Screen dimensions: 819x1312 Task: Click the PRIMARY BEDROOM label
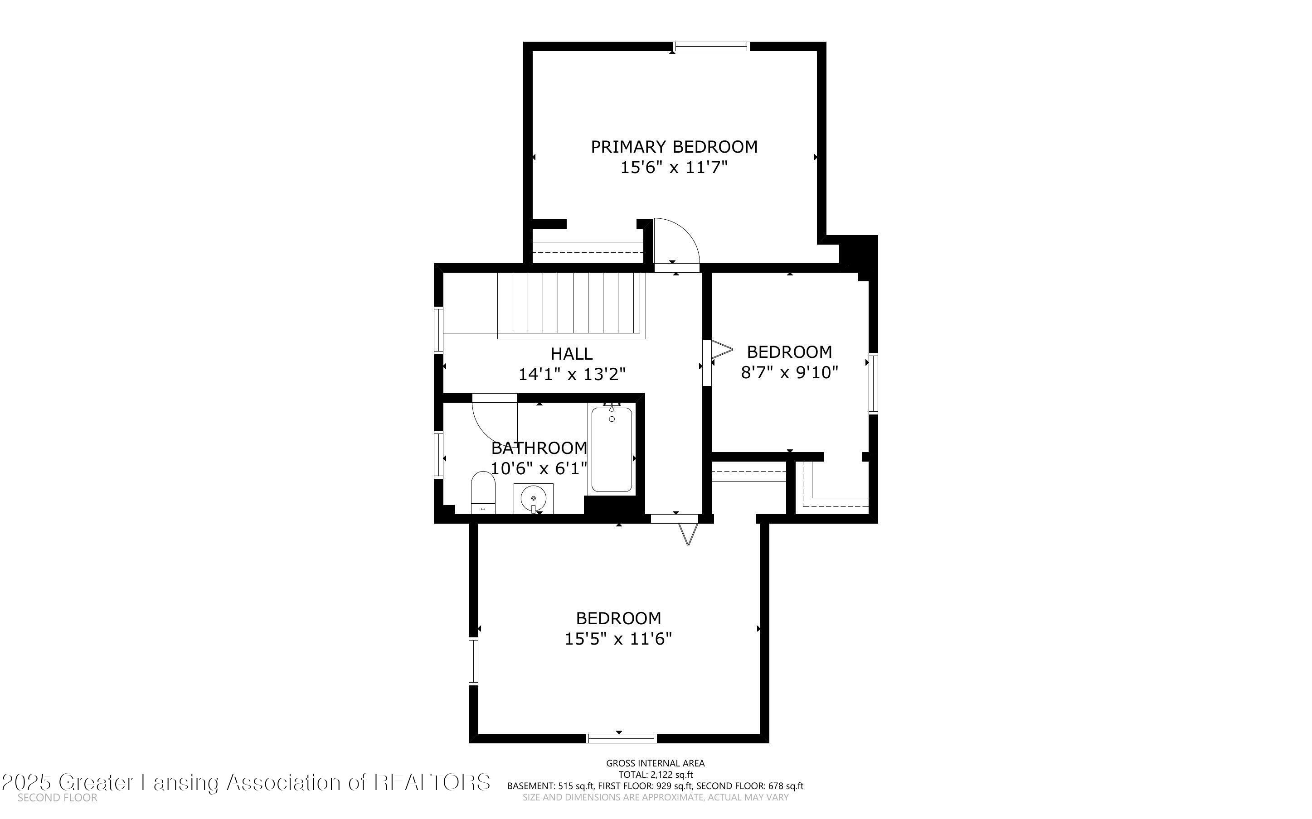pyautogui.click(x=674, y=147)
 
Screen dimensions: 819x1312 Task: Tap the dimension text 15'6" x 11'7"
pyautogui.click(x=674, y=167)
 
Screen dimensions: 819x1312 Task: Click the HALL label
pyautogui.click(x=572, y=354)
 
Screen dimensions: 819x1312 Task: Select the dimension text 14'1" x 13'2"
pyautogui.click(x=572, y=374)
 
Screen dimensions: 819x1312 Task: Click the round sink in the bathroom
pyautogui.click(x=533, y=498)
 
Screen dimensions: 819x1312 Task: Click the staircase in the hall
pyautogui.click(x=572, y=304)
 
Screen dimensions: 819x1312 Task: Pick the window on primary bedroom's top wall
pyautogui.click(x=711, y=47)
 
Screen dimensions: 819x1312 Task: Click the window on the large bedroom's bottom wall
pyautogui.click(x=622, y=738)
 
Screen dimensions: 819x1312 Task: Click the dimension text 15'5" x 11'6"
pyautogui.click(x=618, y=639)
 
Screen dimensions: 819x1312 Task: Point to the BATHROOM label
pyautogui.click(x=539, y=448)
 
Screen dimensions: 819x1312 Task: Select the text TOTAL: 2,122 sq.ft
pyautogui.click(x=655, y=775)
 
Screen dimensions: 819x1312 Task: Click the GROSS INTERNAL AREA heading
pyautogui.click(x=655, y=763)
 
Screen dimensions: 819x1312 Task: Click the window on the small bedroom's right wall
pyautogui.click(x=873, y=384)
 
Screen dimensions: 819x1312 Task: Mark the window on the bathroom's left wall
pyautogui.click(x=438, y=454)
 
